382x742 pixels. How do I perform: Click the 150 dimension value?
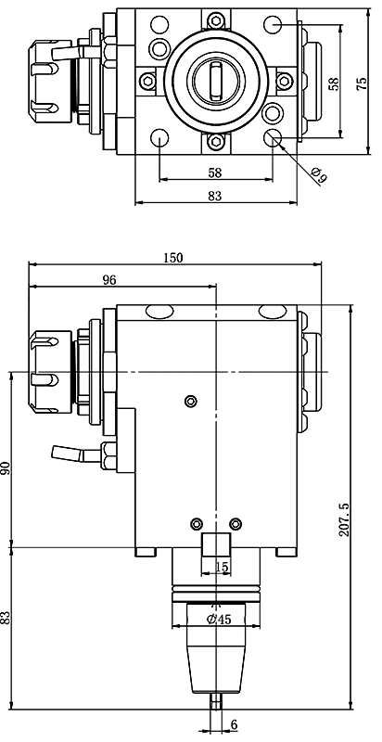[173, 257]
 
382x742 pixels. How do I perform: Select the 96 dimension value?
[108, 280]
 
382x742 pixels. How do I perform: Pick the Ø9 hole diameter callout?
[319, 173]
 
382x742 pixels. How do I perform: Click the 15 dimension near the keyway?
[221, 566]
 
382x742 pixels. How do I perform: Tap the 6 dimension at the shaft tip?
[234, 725]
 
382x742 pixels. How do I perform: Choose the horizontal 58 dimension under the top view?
[215, 173]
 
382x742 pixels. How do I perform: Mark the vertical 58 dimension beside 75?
[334, 83]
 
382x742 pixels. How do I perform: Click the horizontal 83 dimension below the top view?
[215, 196]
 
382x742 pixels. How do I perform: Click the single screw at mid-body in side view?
[191, 401]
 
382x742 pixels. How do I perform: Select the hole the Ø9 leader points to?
[274, 139]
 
